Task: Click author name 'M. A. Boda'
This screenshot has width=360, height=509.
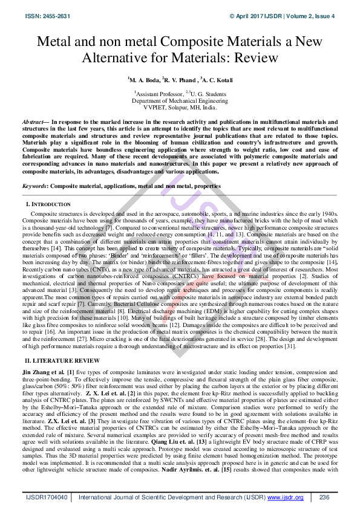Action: [x=145, y=80]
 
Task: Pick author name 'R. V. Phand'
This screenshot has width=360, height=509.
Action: [x=180, y=80]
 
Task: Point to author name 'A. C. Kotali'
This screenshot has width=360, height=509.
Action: [x=217, y=80]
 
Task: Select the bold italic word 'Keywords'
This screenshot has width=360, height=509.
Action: [x=36, y=186]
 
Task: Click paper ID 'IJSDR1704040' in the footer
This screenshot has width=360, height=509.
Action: [x=47, y=497]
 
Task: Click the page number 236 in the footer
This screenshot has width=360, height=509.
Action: [x=323, y=497]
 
